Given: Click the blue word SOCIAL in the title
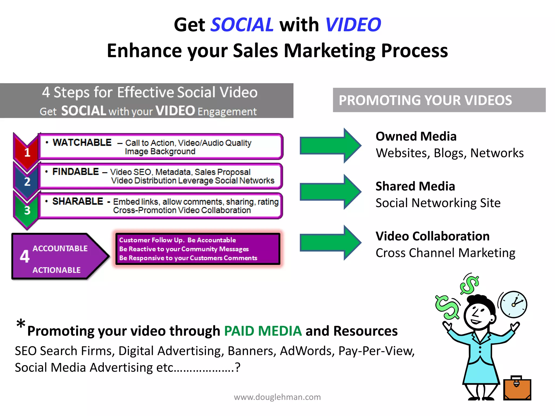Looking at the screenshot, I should point(242,25).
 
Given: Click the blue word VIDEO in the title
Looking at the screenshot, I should point(353,25).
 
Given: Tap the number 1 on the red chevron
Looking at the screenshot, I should point(27,152).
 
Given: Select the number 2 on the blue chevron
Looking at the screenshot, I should point(27,181).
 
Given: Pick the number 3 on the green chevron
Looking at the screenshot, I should point(27,210).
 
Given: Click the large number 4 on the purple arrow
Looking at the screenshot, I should point(25,256).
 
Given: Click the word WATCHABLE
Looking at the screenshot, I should point(82,142).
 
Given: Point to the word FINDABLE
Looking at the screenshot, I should point(76,172).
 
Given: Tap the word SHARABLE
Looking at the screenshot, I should point(78,201).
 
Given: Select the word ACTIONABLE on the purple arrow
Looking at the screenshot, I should point(57,270).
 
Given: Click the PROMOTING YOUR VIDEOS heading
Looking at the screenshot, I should point(425,100).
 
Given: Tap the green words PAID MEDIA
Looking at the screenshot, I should point(263,331).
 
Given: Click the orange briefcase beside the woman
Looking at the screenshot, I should point(517,389).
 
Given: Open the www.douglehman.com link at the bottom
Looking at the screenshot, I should point(277,397).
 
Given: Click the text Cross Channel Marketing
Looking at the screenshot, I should point(445,253).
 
